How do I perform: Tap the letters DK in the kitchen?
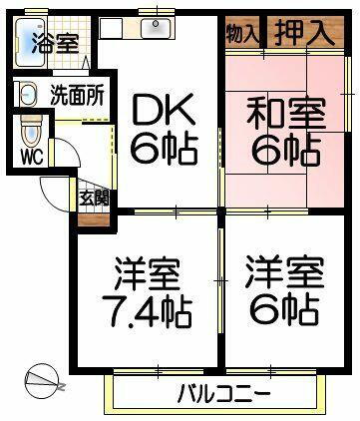pos(159,109)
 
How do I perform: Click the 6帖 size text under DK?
pos(160,152)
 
